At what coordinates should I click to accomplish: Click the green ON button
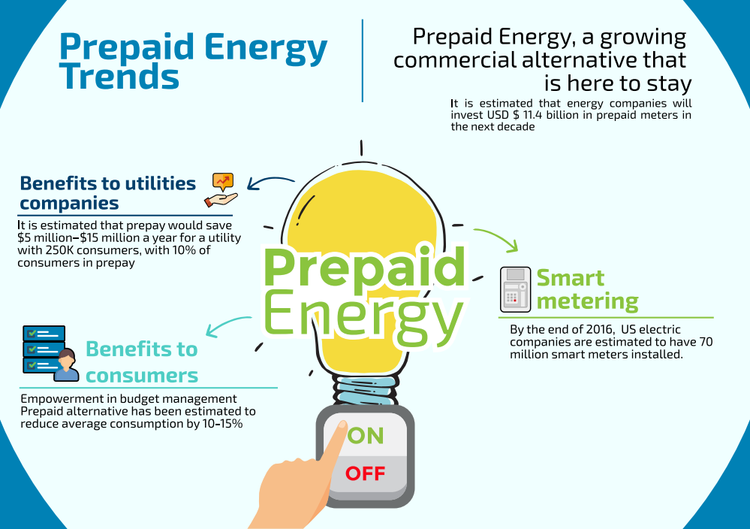coord(366,435)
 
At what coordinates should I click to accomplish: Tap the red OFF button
coord(365,473)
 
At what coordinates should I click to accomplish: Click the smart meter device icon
coord(515,289)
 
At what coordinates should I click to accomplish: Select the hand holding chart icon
coord(221,190)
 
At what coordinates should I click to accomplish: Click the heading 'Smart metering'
coord(586,289)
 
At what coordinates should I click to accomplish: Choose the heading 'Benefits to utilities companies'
coord(107,192)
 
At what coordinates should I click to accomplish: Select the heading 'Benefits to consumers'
coord(141,361)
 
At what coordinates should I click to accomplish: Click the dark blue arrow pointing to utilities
coord(271,183)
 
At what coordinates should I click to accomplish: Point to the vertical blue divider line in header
coord(363,60)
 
